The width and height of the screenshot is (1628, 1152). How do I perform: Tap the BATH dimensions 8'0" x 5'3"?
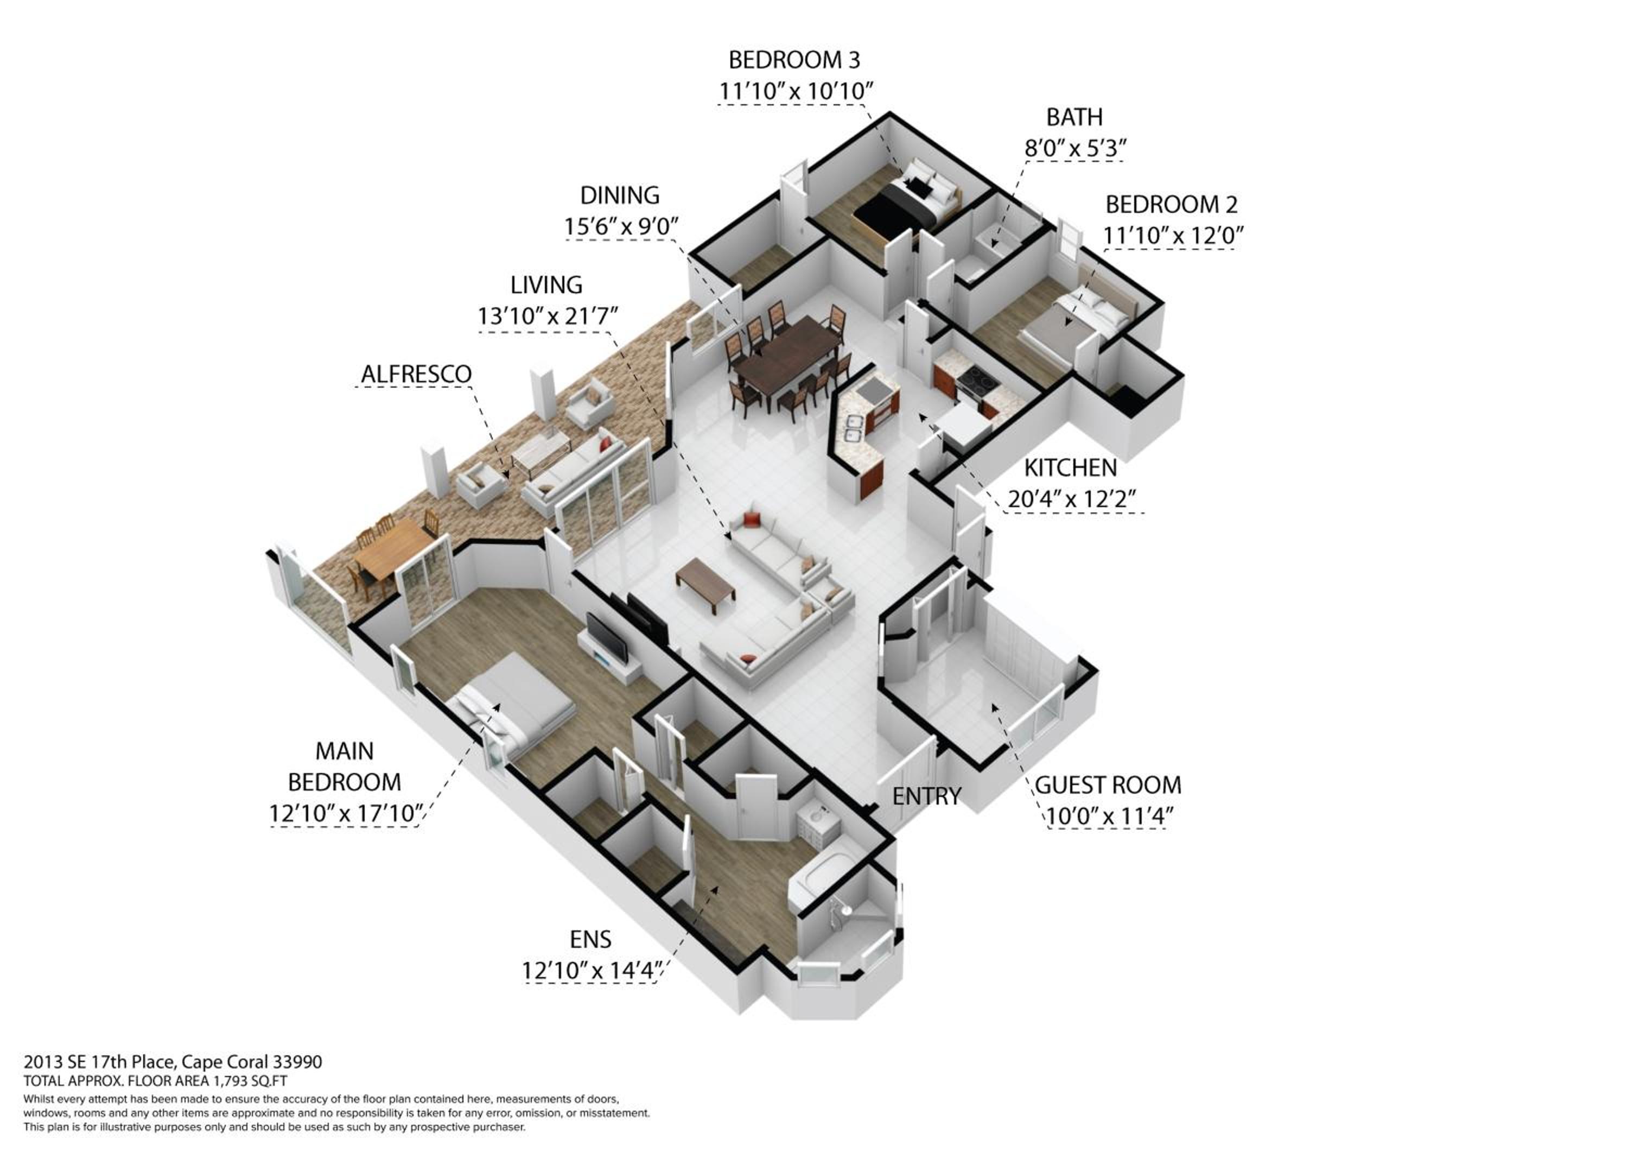pyautogui.click(x=1076, y=148)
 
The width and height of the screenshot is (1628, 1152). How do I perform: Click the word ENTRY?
pyautogui.click(x=926, y=796)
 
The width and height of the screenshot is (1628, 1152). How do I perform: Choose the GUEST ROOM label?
pyautogui.click(x=1108, y=784)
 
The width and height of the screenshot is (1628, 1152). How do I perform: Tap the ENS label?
pyautogui.click(x=590, y=939)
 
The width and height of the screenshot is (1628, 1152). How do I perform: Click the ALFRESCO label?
pyautogui.click(x=416, y=374)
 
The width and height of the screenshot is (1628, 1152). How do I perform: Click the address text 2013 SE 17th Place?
pyautogui.click(x=99, y=1062)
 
